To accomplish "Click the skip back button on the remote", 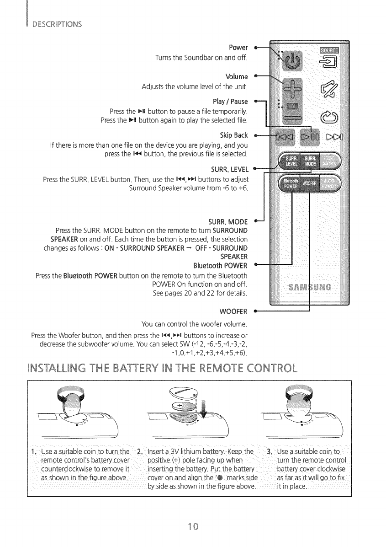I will tap(284, 137).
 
